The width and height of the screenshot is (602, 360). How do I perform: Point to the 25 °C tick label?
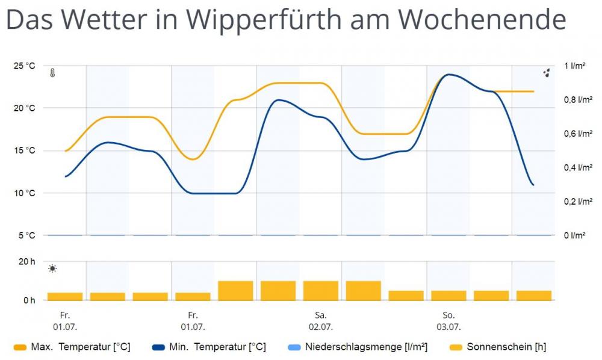25,66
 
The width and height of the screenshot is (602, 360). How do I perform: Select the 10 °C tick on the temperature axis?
25,193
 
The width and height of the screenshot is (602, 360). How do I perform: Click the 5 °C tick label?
26,235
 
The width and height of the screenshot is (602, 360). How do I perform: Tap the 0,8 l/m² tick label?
578,100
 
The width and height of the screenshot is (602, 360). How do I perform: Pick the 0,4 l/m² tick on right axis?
578,168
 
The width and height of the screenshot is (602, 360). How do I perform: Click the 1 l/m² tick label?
575,66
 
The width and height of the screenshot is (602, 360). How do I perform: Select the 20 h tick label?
28,261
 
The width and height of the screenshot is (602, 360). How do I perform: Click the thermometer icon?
53,73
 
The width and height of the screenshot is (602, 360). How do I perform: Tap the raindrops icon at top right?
547,73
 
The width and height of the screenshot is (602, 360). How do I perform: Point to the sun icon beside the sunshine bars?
53,268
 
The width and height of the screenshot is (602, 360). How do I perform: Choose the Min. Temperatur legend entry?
209,347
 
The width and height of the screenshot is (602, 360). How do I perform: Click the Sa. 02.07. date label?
321,321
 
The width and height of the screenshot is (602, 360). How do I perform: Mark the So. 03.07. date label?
448,321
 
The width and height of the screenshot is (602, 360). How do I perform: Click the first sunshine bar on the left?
65,296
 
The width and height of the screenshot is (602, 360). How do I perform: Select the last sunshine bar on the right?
534,295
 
